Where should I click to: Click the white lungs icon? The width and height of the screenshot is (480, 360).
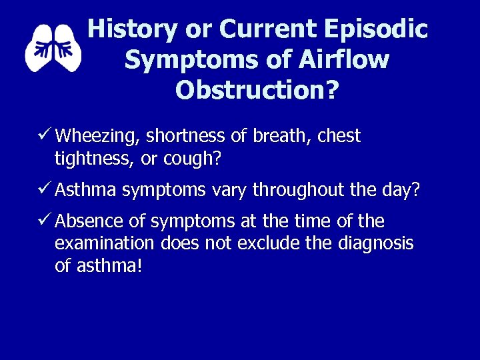tap(53, 47)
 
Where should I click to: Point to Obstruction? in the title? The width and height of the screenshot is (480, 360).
tap(257, 89)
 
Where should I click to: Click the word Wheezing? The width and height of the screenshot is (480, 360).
tap(97, 137)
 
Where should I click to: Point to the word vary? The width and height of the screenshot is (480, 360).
tap(227, 191)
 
